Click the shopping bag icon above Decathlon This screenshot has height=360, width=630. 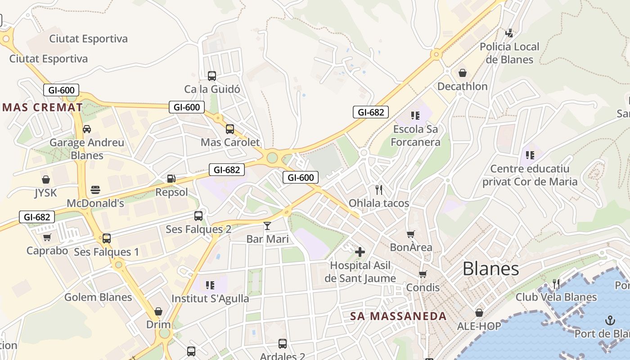pos(462,73)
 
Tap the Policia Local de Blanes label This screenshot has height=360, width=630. pos(509,53)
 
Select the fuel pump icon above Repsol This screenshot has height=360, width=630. pos(171,179)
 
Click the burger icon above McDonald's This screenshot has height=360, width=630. pos(95,190)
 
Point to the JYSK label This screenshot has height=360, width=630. pos(46,193)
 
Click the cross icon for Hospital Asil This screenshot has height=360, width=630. pos(360,252)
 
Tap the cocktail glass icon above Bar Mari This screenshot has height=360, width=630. pos(267,225)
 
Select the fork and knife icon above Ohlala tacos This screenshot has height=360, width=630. pos(379,189)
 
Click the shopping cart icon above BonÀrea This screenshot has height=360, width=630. pos(410,234)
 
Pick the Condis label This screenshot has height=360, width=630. pos(423,287)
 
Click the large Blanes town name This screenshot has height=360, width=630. pos(490,269)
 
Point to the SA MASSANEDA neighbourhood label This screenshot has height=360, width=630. pos(398,316)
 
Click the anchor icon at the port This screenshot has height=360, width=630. pos(610,320)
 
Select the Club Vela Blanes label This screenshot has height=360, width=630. pos(556,297)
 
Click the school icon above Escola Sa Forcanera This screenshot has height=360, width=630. pos(415,116)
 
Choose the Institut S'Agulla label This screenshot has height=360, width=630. pos(210,298)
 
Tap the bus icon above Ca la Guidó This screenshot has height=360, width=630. pos(212,76)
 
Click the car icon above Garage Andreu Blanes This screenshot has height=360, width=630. pos(87,129)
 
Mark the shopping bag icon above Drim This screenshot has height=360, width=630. pos(158,311)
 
